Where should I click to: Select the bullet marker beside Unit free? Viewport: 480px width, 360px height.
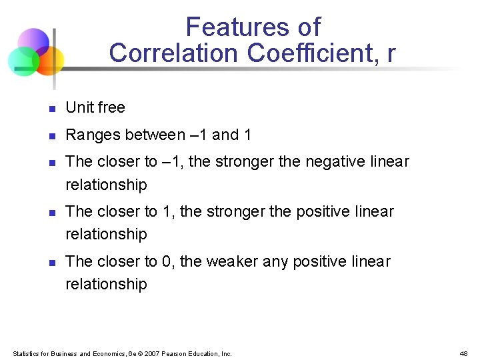(51, 109)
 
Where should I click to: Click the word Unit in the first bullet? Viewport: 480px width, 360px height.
(79, 107)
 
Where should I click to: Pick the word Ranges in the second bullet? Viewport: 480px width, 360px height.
(90, 135)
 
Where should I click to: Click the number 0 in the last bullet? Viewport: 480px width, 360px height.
(167, 261)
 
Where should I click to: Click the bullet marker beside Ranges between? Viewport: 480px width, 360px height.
(51, 136)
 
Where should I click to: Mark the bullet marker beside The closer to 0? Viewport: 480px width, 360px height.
(51, 263)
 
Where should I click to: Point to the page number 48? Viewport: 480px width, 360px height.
(464, 353)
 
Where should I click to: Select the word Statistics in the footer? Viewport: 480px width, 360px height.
(26, 353)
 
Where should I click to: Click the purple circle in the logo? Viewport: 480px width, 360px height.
(33, 41)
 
